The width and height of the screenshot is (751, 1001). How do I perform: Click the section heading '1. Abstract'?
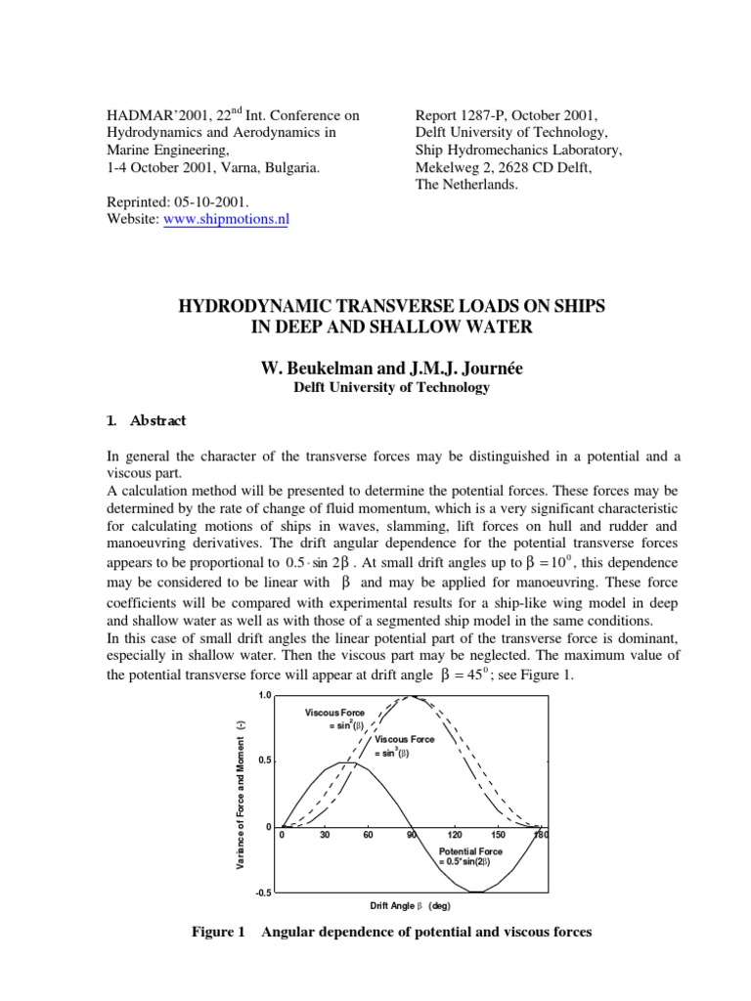coord(147,421)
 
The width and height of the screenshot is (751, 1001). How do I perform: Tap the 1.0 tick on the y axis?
coord(264,695)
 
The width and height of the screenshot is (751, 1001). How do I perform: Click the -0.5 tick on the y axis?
coord(263,892)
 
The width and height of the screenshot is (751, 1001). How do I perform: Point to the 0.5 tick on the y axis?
coord(264,761)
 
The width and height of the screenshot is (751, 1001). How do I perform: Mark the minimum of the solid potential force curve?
coord(477,892)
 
